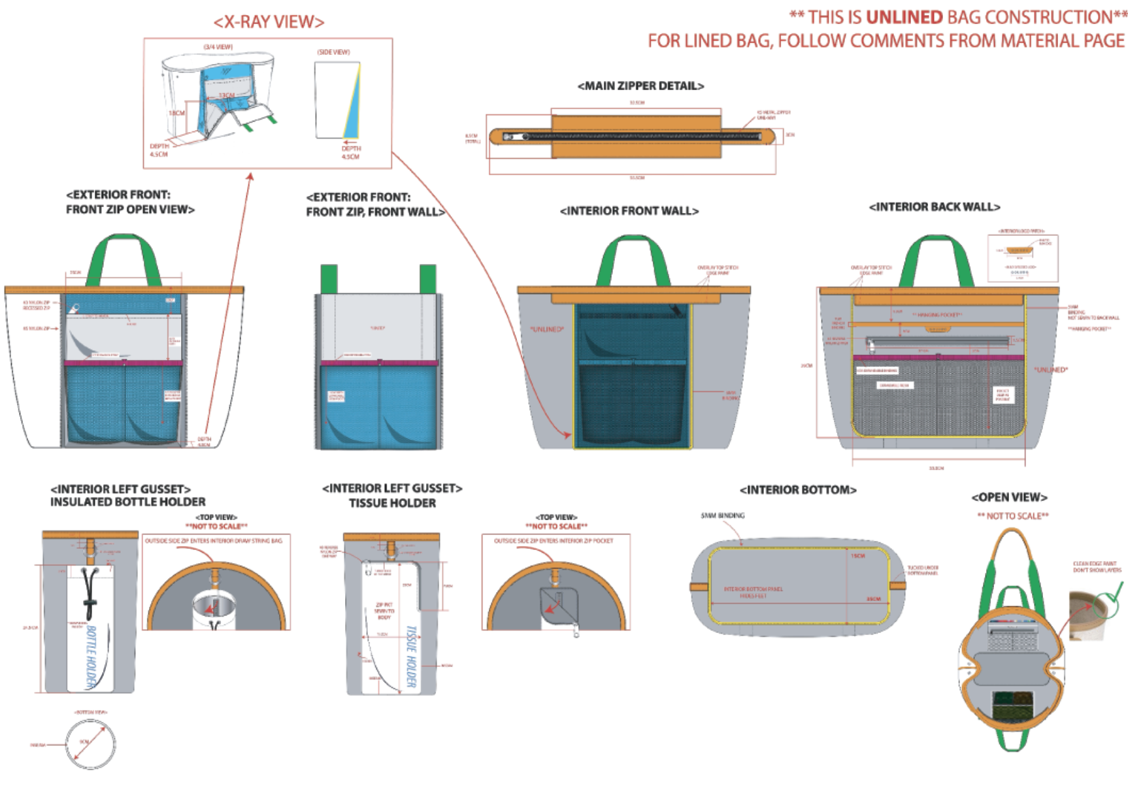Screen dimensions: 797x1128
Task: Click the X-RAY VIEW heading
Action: (x=269, y=22)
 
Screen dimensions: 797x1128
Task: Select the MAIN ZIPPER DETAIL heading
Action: (x=640, y=86)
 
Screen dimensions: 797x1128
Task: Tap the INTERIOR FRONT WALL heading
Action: (x=629, y=210)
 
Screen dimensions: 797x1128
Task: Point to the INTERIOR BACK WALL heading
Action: (x=934, y=206)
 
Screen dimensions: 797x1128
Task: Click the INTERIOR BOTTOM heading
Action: (x=797, y=489)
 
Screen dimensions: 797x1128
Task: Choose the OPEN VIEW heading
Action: (x=1009, y=497)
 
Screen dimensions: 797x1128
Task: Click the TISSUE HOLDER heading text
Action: (x=392, y=503)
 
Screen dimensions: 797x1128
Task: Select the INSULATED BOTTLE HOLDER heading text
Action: (x=128, y=502)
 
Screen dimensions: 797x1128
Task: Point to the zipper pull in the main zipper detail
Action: (x=511, y=137)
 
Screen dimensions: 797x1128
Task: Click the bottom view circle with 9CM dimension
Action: (x=90, y=744)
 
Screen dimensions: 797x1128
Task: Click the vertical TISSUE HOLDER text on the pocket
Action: (x=411, y=657)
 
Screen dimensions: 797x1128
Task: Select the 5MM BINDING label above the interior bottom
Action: (x=722, y=515)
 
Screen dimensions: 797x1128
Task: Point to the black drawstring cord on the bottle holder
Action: (x=90, y=591)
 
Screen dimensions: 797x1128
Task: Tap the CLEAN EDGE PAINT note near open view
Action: (x=1096, y=566)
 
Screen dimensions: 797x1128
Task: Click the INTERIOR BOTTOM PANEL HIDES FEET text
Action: (x=753, y=592)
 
